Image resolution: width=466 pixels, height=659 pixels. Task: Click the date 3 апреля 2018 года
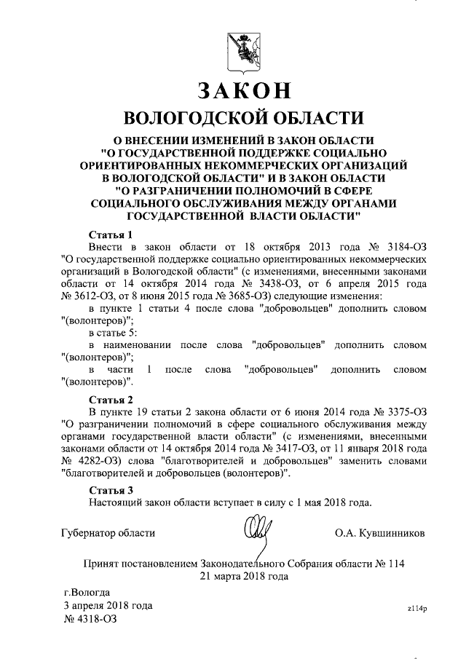[x=108, y=605]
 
